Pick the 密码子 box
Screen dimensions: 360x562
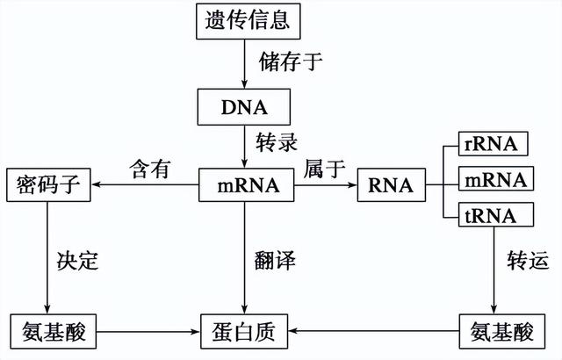(49, 186)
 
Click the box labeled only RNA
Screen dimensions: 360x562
(390, 186)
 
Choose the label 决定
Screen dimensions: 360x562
(80, 261)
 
